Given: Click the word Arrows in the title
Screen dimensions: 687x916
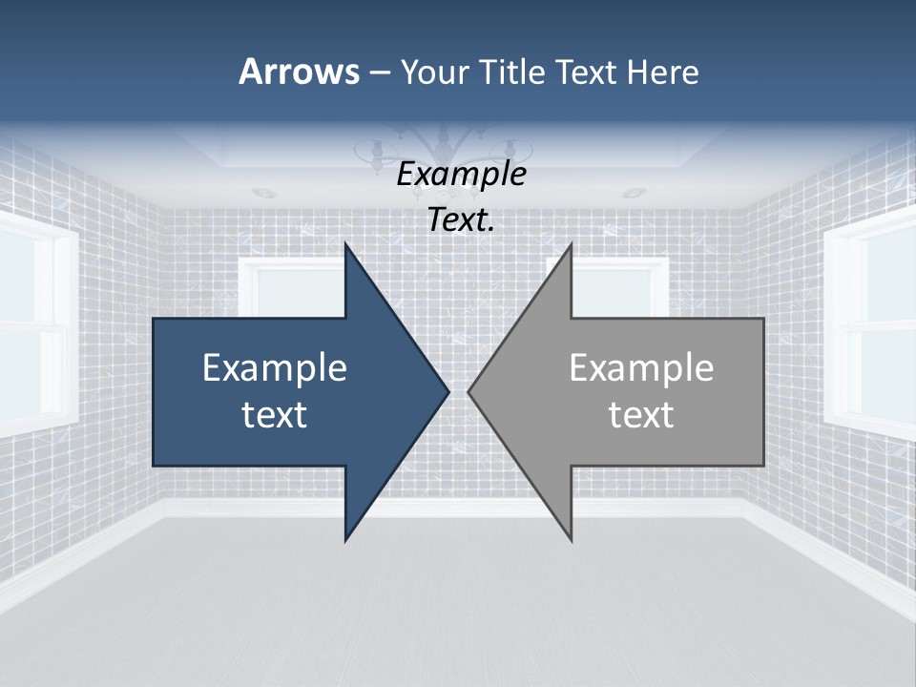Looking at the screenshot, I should click(300, 73).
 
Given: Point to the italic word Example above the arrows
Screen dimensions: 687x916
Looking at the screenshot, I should click(462, 175).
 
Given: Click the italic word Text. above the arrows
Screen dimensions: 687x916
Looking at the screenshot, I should click(462, 220).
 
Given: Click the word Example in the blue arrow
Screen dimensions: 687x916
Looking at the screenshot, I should click(275, 367).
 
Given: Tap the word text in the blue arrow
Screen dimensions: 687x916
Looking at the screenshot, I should click(275, 414).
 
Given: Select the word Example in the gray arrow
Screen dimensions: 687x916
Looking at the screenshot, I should click(641, 367).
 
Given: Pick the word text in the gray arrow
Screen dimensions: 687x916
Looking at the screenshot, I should click(641, 414).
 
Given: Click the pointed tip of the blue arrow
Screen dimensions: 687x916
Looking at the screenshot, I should click(448, 391).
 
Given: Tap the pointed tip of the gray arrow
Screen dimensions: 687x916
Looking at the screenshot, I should click(469, 391).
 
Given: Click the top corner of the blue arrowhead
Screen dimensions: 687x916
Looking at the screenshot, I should click(346, 245).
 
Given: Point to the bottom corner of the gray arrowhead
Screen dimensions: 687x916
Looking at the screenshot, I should click(571, 538).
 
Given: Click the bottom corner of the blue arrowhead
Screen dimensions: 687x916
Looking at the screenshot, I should click(346, 538).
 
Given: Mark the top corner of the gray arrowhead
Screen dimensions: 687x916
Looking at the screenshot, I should click(571, 245).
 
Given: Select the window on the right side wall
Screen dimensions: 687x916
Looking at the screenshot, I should click(873, 324).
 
